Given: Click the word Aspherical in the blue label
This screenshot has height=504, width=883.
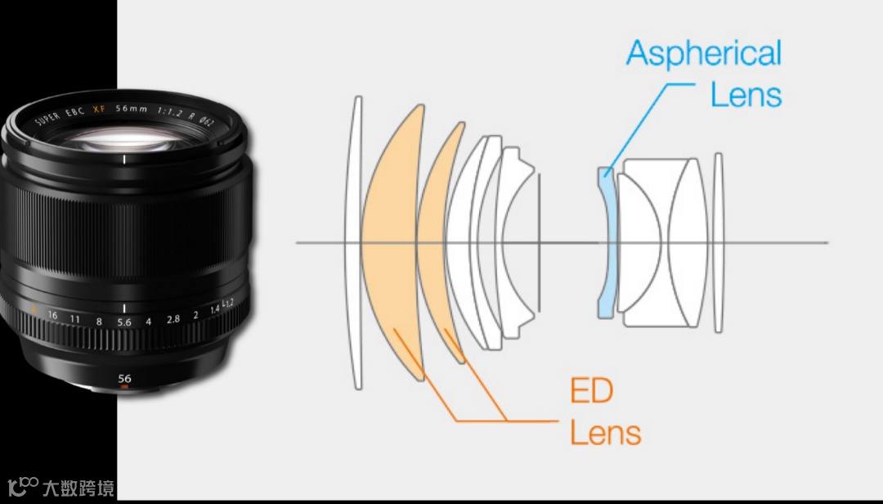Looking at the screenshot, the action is coord(704,55).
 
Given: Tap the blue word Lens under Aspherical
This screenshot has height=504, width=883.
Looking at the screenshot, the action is coord(746,95).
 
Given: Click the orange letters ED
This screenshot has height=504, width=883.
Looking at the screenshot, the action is coord(591,391).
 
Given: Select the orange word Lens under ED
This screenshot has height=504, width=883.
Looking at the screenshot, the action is coord(605,431).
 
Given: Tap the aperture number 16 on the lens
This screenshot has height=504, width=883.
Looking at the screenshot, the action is coord(52,315).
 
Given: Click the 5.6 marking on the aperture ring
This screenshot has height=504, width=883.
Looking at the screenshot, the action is coord(124,322).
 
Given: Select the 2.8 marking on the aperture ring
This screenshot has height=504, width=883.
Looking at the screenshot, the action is coord(173,319).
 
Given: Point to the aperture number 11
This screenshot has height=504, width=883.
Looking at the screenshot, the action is coord(74,318).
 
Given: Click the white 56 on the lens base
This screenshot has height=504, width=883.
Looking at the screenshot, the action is coord(124,379).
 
